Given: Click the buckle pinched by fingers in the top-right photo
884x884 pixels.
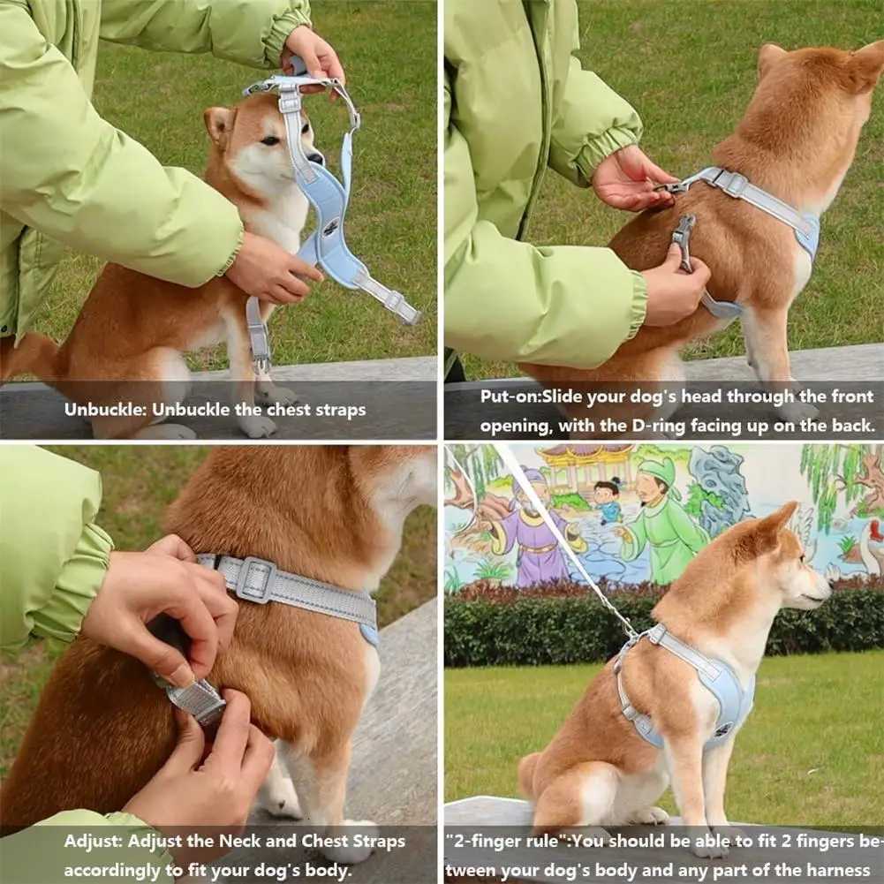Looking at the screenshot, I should [x=683, y=240].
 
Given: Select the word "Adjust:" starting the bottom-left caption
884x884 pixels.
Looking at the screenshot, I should [x=94, y=841].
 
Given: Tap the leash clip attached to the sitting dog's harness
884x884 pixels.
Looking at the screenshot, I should [x=632, y=633].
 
